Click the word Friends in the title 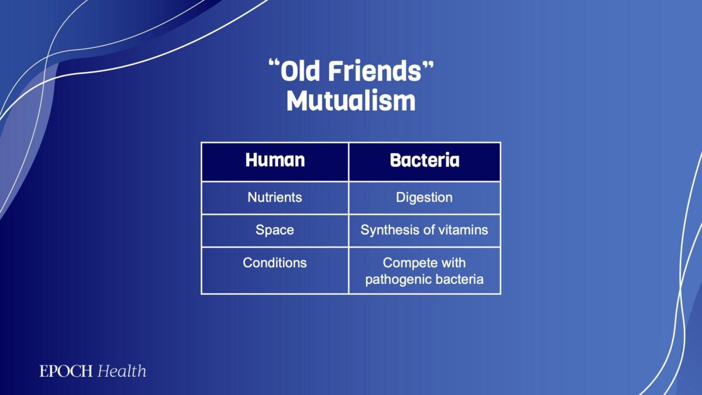click(375, 71)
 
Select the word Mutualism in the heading click(351, 101)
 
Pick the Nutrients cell click(275, 198)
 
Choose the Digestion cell click(424, 198)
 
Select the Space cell click(275, 230)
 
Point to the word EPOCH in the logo click(66, 371)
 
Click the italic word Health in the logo click(122, 371)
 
